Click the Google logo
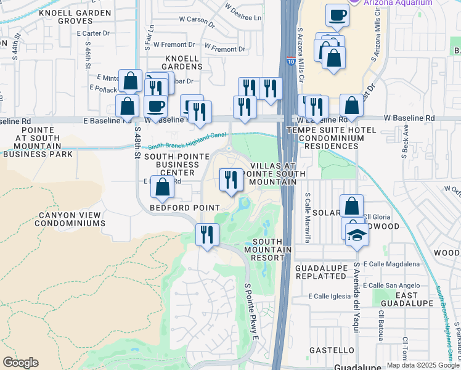coord(20,363)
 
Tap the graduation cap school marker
coord(356,236)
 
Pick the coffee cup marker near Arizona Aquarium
coord(337,15)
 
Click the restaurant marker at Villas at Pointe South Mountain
coord(230,180)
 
